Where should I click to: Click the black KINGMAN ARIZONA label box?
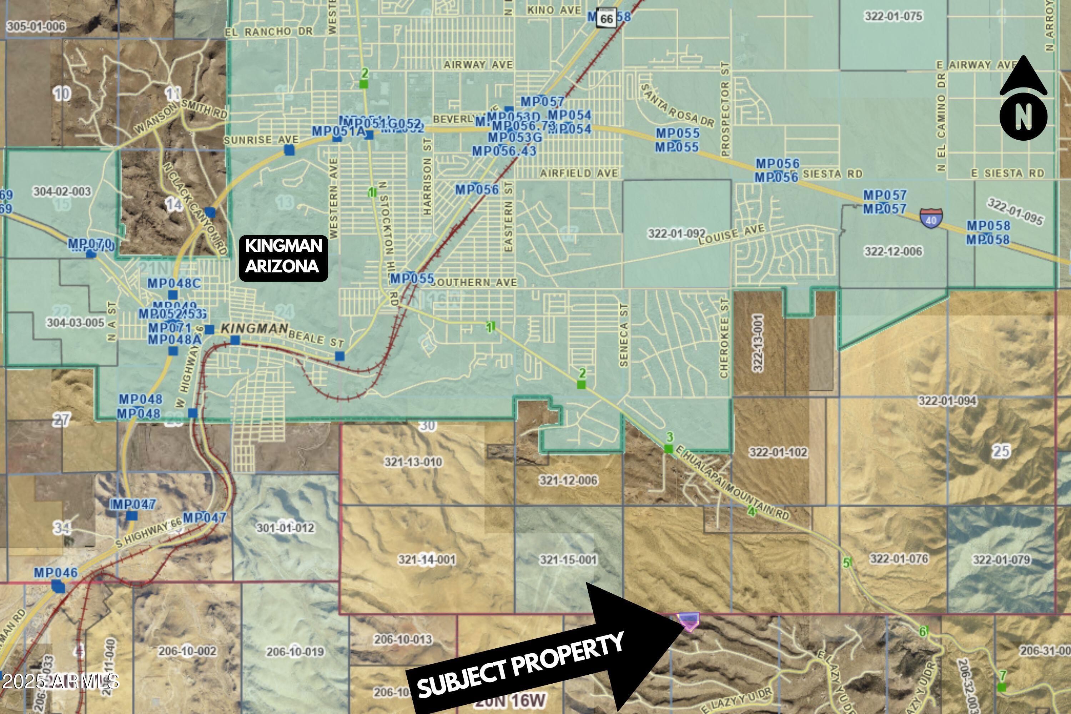pyautogui.click(x=283, y=258)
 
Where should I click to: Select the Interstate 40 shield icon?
pyautogui.click(x=931, y=218)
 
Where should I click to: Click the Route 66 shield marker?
pyautogui.click(x=607, y=18)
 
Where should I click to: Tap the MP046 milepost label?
pyautogui.click(x=56, y=572)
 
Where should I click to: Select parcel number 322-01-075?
pyautogui.click(x=894, y=16)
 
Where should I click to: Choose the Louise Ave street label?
pyautogui.click(x=731, y=235)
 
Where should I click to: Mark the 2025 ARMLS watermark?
pyautogui.click(x=60, y=682)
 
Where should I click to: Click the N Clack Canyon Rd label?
pyautogui.click(x=195, y=208)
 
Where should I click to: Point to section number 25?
pyautogui.click(x=1001, y=451)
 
